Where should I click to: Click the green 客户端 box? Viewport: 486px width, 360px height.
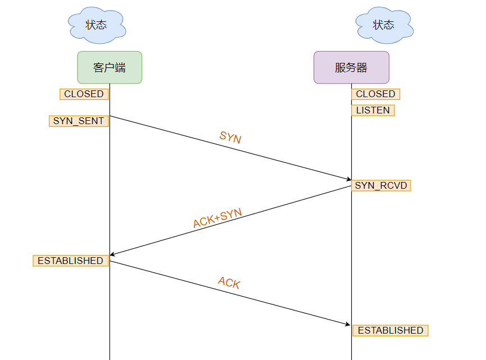point(110,67)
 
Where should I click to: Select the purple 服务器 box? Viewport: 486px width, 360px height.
point(351,67)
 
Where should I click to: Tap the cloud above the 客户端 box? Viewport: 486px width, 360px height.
point(96,25)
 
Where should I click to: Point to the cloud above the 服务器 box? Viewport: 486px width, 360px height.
point(384,25)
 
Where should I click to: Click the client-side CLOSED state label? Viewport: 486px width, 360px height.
point(84,94)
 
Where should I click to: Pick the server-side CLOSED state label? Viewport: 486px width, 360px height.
point(375,94)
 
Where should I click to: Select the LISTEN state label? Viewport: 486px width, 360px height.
point(373,111)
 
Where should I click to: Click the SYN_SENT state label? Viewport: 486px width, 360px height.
point(79,121)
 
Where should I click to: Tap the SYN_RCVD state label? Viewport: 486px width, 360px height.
point(381,185)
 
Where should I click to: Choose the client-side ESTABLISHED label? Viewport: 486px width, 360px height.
point(71,261)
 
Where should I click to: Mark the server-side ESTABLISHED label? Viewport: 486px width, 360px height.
point(390,330)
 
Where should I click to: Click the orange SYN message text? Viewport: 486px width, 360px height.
point(230,138)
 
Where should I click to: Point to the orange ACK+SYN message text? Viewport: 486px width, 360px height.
point(217,218)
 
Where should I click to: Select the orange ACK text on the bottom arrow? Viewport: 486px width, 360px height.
point(229,282)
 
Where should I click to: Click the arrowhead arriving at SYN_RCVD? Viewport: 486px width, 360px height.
point(348,179)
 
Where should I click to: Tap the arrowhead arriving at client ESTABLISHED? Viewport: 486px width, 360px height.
point(113,254)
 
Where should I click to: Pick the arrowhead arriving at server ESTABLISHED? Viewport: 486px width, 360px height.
point(348,324)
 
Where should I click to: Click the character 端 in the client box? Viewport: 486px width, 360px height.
point(120,68)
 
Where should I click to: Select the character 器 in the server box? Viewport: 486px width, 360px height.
point(362,68)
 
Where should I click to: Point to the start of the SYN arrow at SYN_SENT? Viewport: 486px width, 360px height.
point(111,116)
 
